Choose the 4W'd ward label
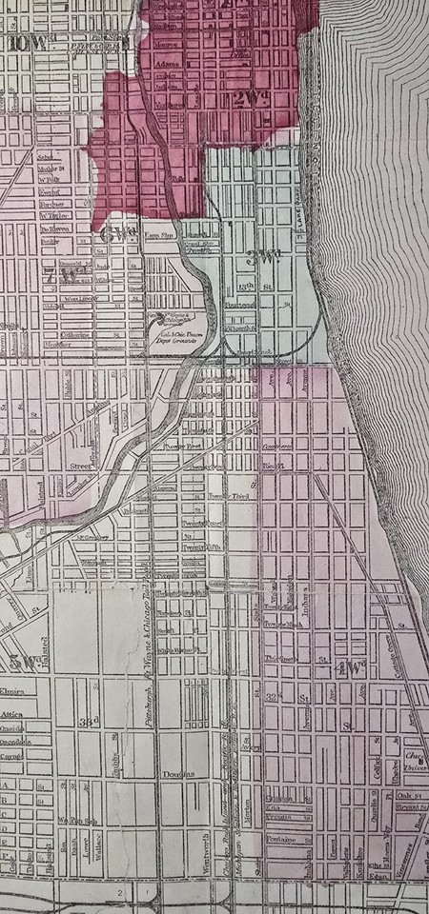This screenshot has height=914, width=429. pyautogui.click(x=350, y=667)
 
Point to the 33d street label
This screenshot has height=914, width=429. pyautogui.click(x=91, y=720)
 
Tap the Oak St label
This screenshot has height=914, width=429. pyautogui.click(x=413, y=797)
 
